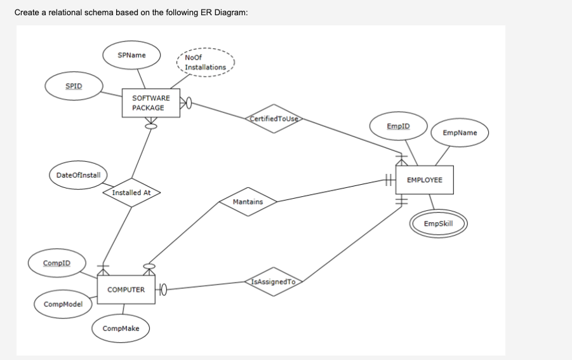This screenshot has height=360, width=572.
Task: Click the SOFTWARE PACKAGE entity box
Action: (150, 103)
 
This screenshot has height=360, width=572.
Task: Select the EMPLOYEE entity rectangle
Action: (424, 180)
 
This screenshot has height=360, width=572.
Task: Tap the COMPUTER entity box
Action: (126, 290)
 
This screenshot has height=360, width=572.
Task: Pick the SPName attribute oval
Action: (131, 56)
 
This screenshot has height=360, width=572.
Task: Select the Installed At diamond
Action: (131, 192)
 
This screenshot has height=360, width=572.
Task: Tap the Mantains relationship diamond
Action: (248, 202)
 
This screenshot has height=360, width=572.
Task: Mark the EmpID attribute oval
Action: (398, 126)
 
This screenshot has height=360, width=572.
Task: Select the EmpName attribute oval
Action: (460, 133)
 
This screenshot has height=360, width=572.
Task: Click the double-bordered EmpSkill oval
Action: (438, 223)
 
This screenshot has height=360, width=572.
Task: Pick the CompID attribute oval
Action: (57, 263)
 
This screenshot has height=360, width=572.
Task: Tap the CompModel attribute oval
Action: (62, 304)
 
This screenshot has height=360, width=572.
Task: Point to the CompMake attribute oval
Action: (120, 328)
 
